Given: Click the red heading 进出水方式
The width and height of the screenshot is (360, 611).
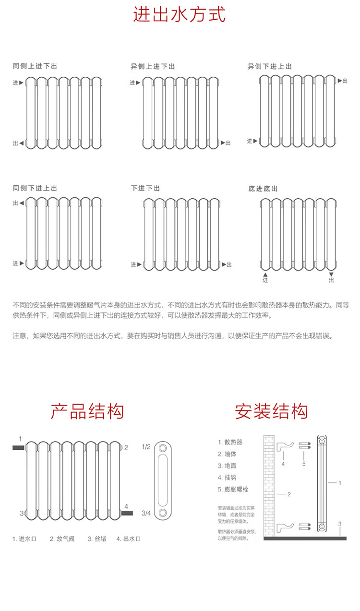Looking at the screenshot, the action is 179,14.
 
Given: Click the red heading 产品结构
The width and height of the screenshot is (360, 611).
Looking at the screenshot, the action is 87,411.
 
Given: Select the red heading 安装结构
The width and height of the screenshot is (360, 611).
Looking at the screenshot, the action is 271,411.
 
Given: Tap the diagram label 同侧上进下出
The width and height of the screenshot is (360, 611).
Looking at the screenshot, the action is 35,66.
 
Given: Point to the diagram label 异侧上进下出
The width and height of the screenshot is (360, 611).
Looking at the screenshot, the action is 153,67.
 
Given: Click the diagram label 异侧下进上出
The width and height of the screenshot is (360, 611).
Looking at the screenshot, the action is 269,67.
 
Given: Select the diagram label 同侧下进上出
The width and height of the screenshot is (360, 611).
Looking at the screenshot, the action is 35,188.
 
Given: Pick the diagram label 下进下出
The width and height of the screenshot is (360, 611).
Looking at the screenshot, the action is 145,188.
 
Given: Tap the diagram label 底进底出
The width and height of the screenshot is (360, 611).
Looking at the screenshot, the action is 263,189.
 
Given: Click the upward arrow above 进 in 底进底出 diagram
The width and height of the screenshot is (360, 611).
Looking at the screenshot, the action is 265,274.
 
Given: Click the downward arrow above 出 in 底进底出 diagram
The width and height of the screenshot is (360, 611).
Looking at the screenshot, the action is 331,274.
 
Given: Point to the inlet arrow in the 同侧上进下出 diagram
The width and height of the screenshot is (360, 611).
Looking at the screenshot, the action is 21,83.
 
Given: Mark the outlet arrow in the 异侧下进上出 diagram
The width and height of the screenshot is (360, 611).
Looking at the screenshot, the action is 340,81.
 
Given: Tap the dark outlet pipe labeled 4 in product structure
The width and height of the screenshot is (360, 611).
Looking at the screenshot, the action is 127,513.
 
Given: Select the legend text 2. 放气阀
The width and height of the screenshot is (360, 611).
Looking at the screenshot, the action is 62,539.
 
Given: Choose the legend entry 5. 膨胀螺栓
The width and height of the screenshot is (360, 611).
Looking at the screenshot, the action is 233,490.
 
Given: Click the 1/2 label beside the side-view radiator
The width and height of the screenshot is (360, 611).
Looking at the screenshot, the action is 146,447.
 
